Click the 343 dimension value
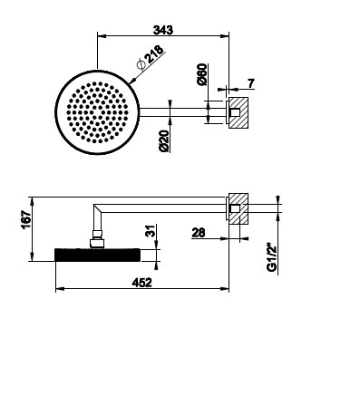pos(163,30)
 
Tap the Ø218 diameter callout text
pos(151,57)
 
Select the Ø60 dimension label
pos(201,74)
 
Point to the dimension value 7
pos(251,83)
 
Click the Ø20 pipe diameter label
pos(164,141)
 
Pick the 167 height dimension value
pos(26,219)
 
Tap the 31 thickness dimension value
pos(151,231)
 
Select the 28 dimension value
pos(199,233)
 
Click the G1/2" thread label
pos(272,258)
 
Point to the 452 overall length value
pos(142,283)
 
